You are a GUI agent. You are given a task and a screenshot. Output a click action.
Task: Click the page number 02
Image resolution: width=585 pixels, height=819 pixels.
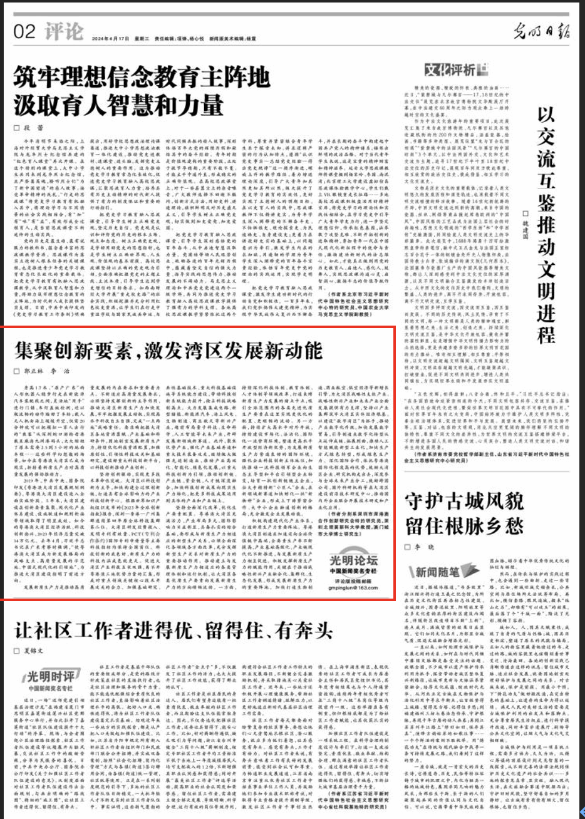(24, 31)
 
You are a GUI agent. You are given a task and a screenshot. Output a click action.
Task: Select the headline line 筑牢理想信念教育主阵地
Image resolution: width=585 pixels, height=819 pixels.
(143, 78)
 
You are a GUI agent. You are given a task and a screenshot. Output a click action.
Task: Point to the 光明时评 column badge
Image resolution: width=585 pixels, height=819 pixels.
(49, 675)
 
